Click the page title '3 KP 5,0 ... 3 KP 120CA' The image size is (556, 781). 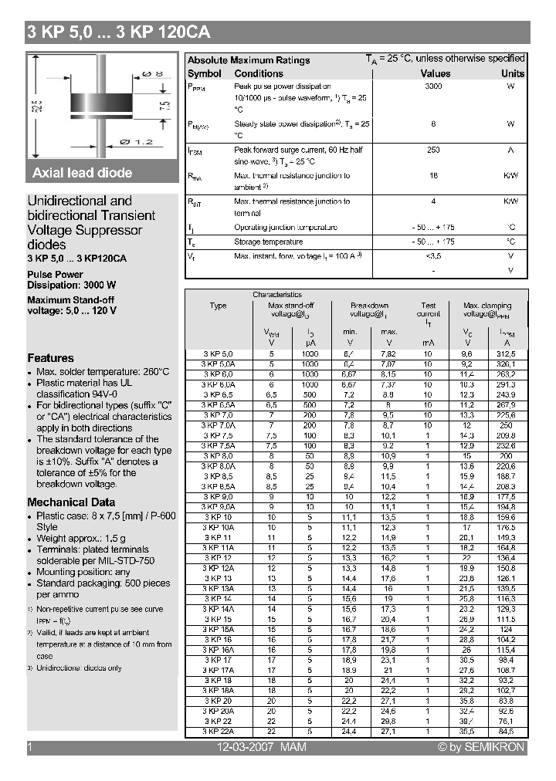tap(118, 32)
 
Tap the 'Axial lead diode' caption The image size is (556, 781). tap(82, 173)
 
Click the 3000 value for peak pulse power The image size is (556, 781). tap(433, 86)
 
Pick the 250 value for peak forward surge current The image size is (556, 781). tap(433, 150)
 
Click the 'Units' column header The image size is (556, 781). tap(512, 73)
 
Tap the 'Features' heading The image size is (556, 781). tap(51, 358)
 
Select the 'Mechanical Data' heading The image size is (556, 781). tap(71, 502)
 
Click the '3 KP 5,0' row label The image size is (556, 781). tap(218, 353)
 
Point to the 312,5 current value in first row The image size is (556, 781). tap(507, 353)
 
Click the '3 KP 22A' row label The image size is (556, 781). tap(218, 730)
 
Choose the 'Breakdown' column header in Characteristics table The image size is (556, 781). tap(369, 306)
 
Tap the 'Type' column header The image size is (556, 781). tap(218, 306)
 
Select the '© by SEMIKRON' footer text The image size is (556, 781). tap(481, 747)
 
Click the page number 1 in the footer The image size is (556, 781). tap(30, 747)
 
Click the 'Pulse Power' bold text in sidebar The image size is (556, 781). tap(55, 274)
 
